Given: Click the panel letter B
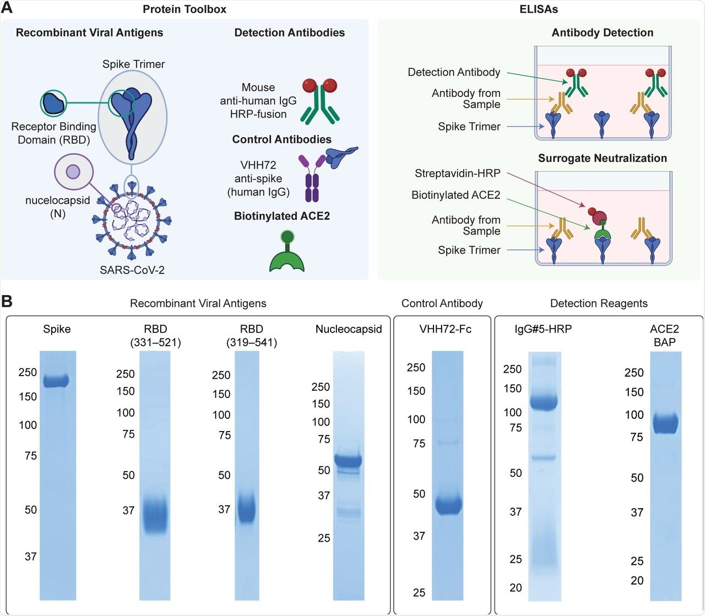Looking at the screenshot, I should pos(7,301).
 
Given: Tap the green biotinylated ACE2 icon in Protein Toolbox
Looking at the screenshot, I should pos(287,253).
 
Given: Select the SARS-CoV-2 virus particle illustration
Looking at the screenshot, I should pos(132,226).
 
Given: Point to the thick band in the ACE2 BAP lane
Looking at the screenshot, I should pos(665,423).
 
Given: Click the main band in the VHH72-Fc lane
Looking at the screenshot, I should pos(447,505).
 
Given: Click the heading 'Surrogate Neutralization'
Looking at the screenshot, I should pos(602,158).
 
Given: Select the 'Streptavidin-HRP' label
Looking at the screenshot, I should pos(457,173).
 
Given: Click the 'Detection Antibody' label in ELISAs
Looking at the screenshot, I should pos(454,72).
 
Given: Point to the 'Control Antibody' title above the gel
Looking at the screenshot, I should pos(442,303).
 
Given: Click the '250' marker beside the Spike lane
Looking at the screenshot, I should pos(28,372).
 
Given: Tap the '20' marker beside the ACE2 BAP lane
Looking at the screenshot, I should pos(637,580).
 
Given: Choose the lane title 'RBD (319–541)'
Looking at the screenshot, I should pos(251,336).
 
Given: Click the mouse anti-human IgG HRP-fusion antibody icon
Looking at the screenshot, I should pos(319,100).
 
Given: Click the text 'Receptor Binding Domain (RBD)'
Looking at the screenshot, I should pos(53,133).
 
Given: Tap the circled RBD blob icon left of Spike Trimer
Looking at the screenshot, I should pos(53,103).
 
